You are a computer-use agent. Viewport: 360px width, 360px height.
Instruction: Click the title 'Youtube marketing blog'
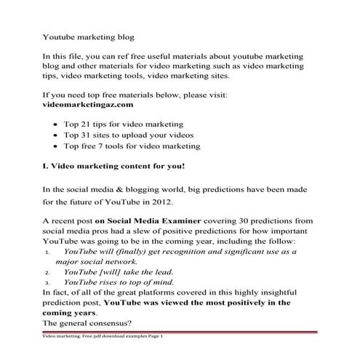point(88,34)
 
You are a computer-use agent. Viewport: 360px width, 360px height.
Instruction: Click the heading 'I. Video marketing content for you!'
point(114,167)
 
